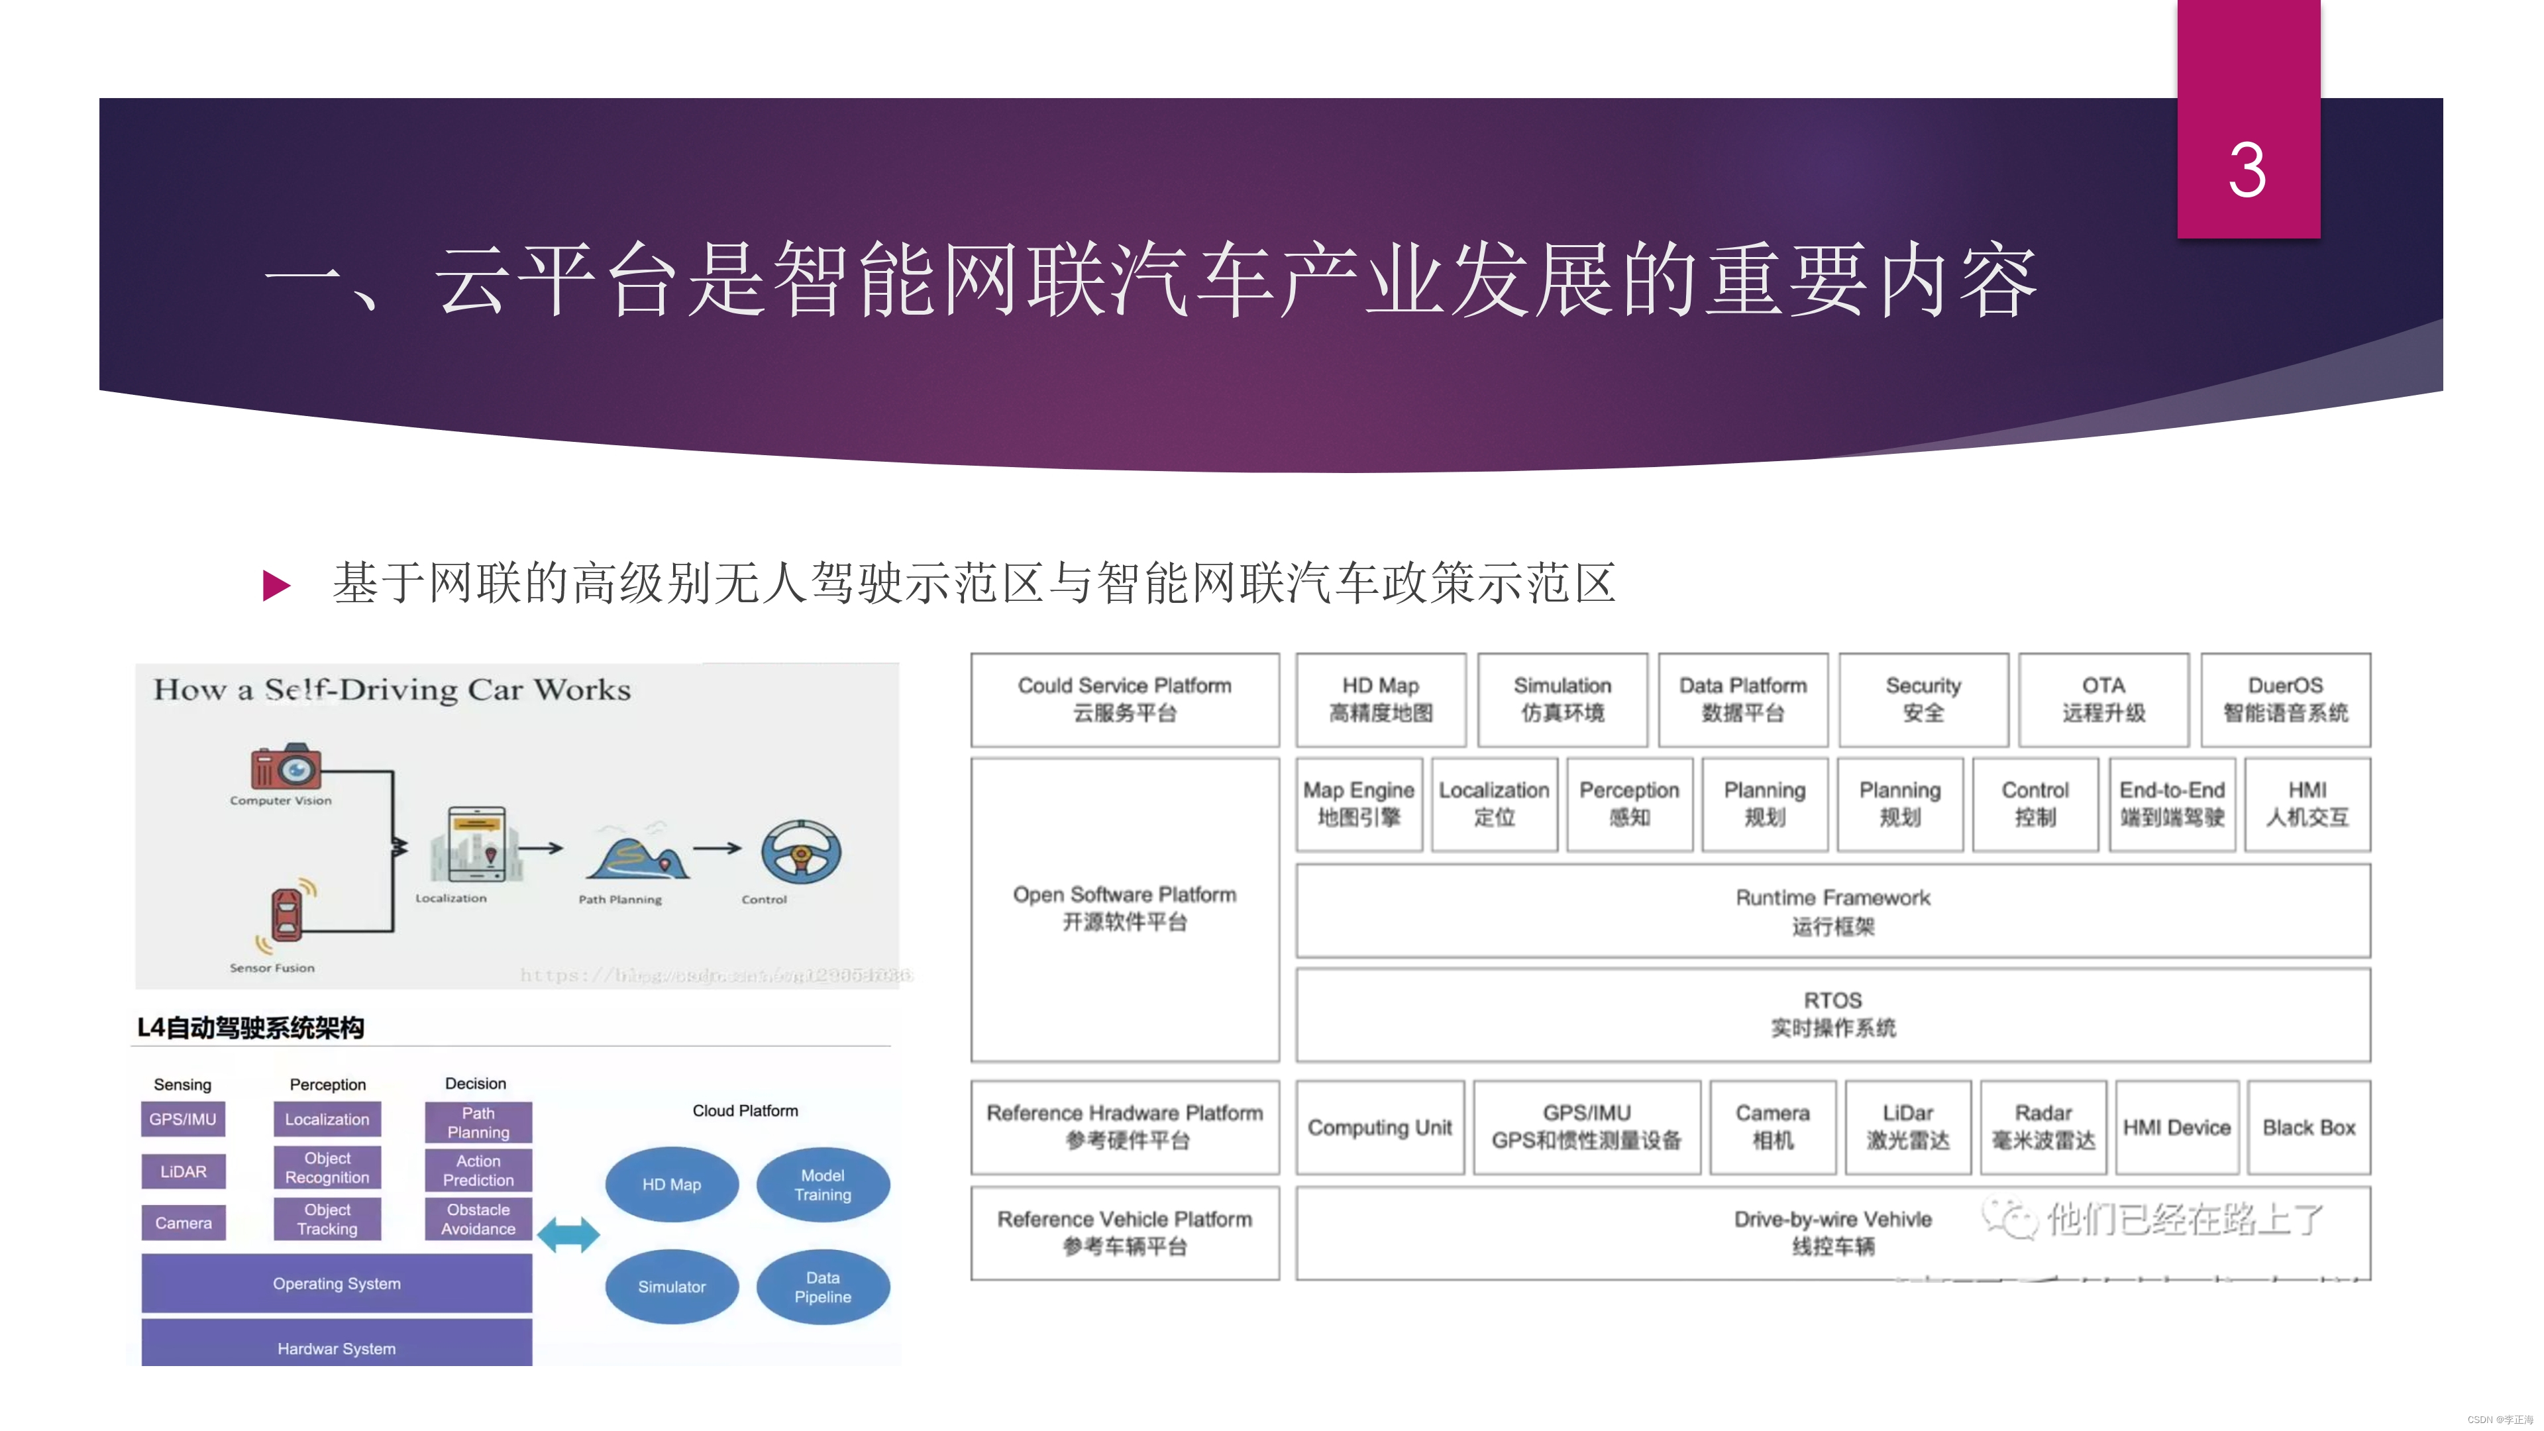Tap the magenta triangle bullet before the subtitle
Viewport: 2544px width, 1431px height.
click(276, 586)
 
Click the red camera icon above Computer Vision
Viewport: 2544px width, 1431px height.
click(286, 767)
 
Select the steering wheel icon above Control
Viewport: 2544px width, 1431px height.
click(801, 851)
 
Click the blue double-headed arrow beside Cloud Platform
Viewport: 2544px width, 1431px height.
click(568, 1234)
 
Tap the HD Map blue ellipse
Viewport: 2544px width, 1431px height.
click(672, 1184)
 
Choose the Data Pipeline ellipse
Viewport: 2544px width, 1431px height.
click(823, 1287)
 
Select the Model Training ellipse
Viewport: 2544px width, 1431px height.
click(823, 1184)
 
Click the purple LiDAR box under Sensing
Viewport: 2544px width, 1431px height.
click(184, 1171)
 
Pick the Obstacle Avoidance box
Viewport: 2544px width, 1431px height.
click(478, 1219)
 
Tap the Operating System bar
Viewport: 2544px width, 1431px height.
click(337, 1283)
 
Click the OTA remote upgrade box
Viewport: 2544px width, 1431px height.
click(2103, 699)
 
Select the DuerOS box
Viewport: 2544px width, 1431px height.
click(2285, 699)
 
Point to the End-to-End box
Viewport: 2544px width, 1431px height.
click(2172, 804)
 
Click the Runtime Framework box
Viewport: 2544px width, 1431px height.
click(1833, 910)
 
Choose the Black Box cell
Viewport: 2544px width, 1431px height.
click(2309, 1127)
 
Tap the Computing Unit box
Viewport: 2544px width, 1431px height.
click(1379, 1127)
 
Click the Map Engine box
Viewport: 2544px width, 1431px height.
click(1359, 804)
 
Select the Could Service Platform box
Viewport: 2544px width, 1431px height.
click(1125, 699)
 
